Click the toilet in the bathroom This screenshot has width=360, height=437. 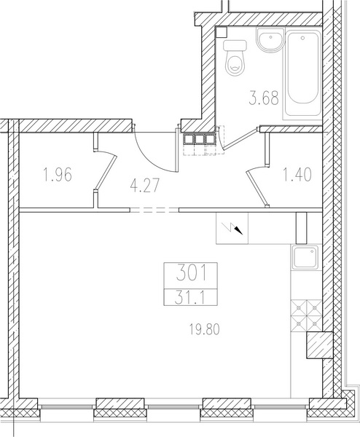point(235,58)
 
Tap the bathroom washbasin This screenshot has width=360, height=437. point(270,40)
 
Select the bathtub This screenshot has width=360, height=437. point(303,74)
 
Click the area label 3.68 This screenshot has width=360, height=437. point(264,98)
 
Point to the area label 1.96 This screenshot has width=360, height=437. point(58,174)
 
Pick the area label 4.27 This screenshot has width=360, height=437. point(145,185)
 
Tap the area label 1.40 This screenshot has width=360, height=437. point(297,175)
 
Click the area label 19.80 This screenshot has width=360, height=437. point(205,329)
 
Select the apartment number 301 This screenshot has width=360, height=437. point(192,273)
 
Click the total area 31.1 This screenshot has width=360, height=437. point(190,298)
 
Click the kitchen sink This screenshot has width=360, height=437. point(305,258)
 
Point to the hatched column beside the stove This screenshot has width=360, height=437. point(320,345)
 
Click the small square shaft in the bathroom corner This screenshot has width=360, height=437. point(222,32)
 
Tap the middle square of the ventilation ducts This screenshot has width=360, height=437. point(200,139)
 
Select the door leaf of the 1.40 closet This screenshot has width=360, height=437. point(257,189)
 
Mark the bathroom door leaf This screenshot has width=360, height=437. point(240,138)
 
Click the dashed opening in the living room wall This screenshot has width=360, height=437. point(154,210)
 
